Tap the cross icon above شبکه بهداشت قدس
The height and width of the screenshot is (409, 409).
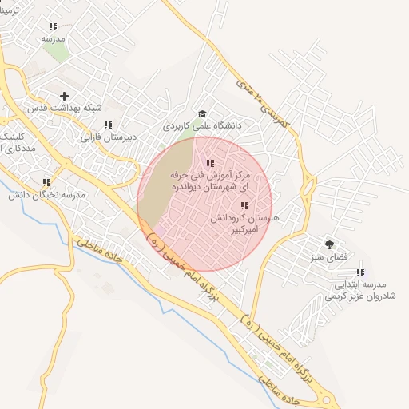[65, 96]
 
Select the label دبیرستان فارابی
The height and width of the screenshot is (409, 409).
[109, 137]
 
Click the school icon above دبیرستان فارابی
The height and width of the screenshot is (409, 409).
[108, 125]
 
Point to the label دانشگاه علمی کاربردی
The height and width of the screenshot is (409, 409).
[202, 125]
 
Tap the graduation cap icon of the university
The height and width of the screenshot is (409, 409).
[202, 113]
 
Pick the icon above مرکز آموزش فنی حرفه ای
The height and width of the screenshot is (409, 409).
[199, 163]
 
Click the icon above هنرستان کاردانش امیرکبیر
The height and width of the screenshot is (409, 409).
[244, 206]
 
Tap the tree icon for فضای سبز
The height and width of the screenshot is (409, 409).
[328, 244]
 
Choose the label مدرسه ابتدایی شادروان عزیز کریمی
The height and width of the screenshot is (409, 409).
[355, 290]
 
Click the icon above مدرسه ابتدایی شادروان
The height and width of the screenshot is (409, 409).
[359, 272]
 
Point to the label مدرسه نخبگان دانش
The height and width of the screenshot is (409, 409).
[47, 195]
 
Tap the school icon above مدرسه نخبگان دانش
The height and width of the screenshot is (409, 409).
[46, 182]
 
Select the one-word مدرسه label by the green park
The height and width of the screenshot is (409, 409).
[53, 38]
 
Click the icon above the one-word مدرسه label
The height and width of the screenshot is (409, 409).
[53, 26]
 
